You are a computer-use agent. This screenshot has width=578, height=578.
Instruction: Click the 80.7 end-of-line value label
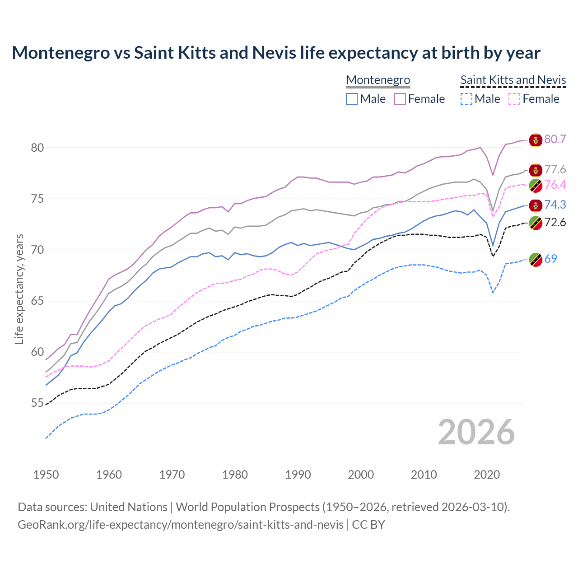click(x=555, y=139)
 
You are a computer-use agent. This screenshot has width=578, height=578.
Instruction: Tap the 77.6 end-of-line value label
click(x=555, y=169)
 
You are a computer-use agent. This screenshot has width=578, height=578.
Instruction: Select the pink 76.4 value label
click(x=555, y=185)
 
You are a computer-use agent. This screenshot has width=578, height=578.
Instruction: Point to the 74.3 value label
click(x=555, y=205)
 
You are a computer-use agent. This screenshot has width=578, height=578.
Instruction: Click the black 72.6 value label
click(x=555, y=222)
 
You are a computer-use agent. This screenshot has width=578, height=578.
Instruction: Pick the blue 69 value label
click(x=550, y=259)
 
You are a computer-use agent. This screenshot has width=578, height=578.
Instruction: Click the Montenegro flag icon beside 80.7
click(x=536, y=140)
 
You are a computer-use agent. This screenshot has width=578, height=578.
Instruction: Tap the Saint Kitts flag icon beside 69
click(x=536, y=260)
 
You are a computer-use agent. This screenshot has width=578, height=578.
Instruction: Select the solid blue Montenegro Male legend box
click(x=352, y=99)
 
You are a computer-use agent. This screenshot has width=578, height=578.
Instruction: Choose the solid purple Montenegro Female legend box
click(x=400, y=99)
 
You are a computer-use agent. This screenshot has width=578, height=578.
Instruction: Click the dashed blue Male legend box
click(x=466, y=99)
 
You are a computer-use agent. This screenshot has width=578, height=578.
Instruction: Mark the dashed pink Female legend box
click(x=515, y=99)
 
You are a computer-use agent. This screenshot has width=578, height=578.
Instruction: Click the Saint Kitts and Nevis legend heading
click(x=513, y=80)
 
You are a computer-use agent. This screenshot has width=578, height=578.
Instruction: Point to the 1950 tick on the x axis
click(x=46, y=475)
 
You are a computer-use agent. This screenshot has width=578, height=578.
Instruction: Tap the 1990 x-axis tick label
click(x=298, y=475)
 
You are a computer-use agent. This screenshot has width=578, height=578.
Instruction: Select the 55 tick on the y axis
click(x=37, y=403)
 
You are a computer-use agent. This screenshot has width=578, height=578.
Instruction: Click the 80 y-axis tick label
click(x=37, y=148)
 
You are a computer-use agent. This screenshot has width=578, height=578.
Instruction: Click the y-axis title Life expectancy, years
click(x=19, y=289)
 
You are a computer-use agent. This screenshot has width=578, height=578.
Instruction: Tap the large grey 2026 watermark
click(x=476, y=432)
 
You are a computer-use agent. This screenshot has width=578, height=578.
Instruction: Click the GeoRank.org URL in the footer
click(x=181, y=524)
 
